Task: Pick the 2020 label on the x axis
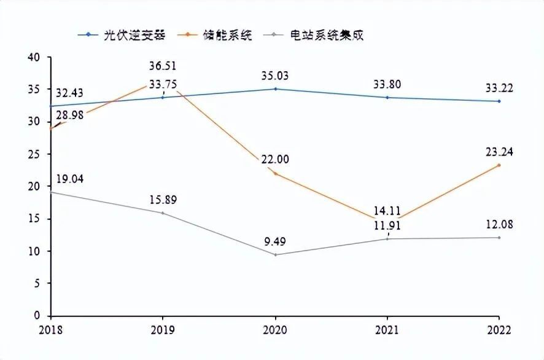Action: [x=275, y=329]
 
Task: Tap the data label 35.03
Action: [x=275, y=76]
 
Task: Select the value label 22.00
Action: [x=275, y=160]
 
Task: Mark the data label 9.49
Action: [x=275, y=241]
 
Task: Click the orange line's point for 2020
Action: [x=275, y=174]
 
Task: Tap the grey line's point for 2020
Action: [x=275, y=254]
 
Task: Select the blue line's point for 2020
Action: [x=275, y=89]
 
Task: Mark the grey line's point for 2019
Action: [x=163, y=213]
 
